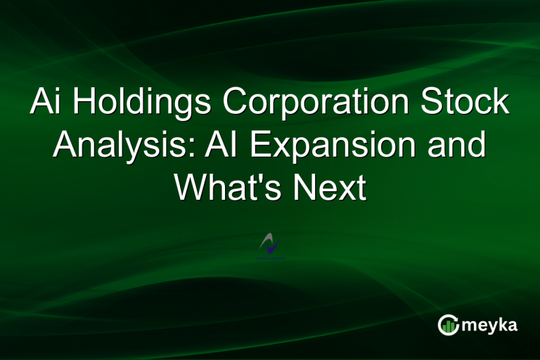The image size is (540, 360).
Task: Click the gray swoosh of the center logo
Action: click(266, 241)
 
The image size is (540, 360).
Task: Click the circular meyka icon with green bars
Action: click(449, 325)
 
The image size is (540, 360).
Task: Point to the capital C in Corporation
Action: click(236, 103)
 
